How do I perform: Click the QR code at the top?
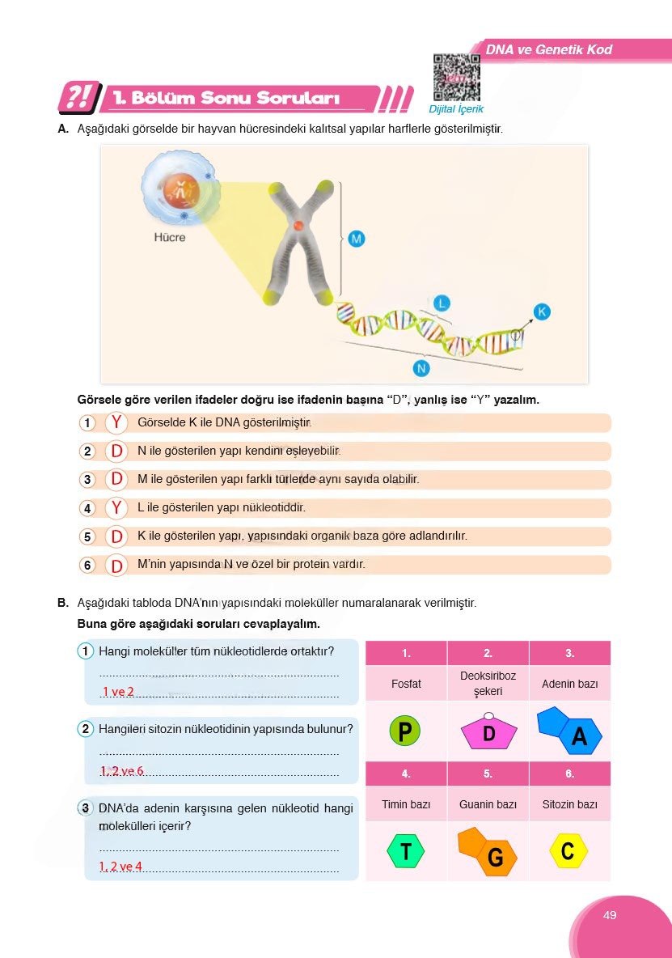click(x=457, y=77)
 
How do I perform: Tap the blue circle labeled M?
click(x=357, y=239)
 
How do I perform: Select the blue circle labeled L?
click(x=441, y=303)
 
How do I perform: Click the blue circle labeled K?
click(x=542, y=312)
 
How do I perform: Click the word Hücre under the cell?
click(x=170, y=238)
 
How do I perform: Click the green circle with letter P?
click(x=405, y=731)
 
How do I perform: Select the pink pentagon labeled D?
click(x=488, y=732)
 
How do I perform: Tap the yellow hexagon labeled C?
click(x=568, y=850)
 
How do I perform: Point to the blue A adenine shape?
click(x=570, y=731)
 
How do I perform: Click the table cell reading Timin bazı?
click(x=406, y=805)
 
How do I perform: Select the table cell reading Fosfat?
click(x=406, y=684)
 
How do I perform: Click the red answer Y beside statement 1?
click(x=117, y=422)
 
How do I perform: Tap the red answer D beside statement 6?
click(x=117, y=566)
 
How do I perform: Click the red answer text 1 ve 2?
click(x=118, y=692)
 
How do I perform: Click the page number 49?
click(x=610, y=915)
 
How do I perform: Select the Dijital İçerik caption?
click(x=457, y=109)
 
